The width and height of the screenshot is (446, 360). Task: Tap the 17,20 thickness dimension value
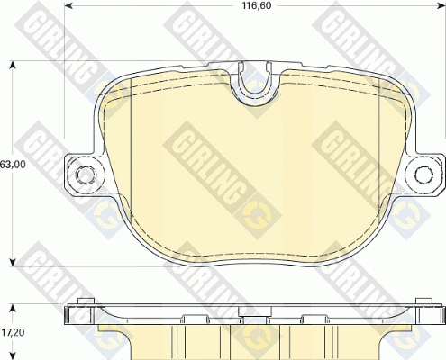13,332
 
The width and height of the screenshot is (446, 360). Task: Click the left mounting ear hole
85,174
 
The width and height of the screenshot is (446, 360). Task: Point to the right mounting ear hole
424,174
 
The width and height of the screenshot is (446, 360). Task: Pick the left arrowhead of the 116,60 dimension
68,5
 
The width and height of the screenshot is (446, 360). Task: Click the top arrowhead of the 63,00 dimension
13,65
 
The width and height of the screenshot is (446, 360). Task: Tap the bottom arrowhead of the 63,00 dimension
13,263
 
